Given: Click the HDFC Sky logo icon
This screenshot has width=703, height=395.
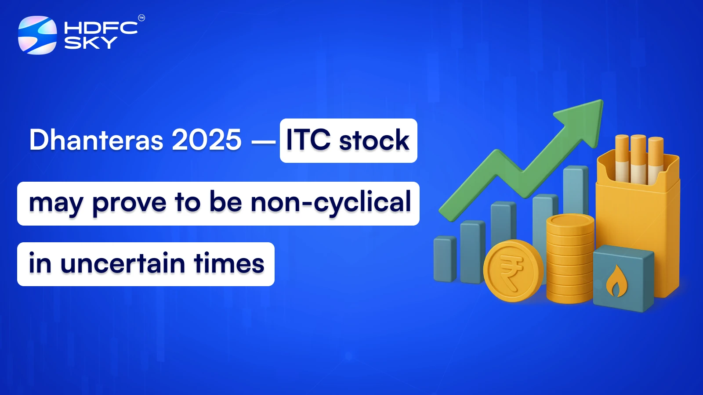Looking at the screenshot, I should [x=37, y=35].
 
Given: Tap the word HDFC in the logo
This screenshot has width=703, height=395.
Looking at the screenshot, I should [x=101, y=28].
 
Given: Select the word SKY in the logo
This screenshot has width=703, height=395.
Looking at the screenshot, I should [x=91, y=43].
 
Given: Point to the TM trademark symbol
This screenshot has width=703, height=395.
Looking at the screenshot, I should [x=141, y=18].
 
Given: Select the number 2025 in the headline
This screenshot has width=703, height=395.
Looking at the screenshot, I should [x=207, y=140].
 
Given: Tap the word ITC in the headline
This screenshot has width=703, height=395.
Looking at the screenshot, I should [x=308, y=140].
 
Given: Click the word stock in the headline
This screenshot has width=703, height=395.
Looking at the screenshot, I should [x=374, y=141].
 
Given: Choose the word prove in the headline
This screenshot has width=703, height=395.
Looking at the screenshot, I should [x=130, y=203].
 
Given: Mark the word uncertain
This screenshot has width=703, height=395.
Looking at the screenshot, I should [x=123, y=264].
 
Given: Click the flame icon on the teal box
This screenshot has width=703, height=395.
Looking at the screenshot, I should [x=616, y=281].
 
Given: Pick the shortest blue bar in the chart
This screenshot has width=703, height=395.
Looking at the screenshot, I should [x=444, y=259].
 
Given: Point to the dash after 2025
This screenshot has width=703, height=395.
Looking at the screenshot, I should [x=263, y=141].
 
